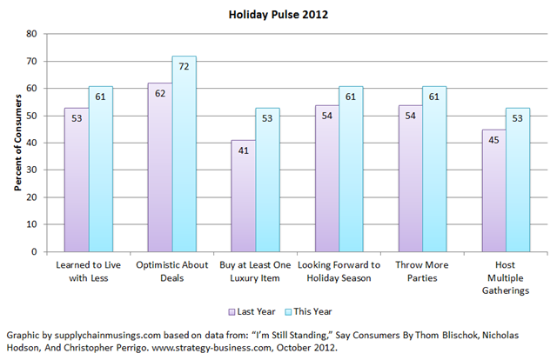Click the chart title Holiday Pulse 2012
(278, 15)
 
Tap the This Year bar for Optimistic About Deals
(184, 157)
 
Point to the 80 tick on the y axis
(31, 34)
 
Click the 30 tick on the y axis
(31, 170)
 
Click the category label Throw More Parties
(422, 271)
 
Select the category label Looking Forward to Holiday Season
(339, 271)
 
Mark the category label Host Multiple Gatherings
(505, 277)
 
